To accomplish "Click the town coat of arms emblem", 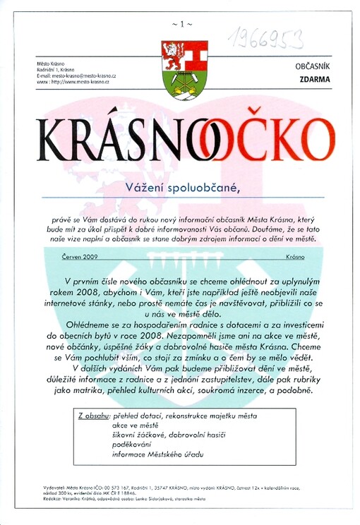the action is coord(184,69).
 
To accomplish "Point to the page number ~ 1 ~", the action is coord(181,24).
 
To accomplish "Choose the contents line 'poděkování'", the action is coord(137,445).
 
